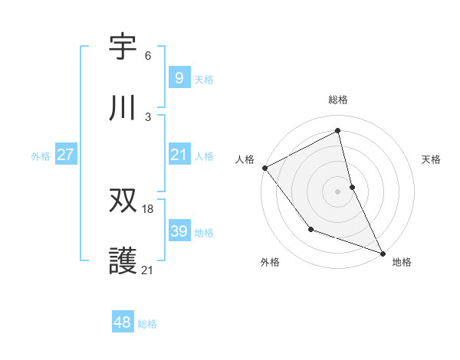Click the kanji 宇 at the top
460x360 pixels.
[x=123, y=47]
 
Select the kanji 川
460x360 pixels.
[x=123, y=109]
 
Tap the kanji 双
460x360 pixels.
[x=123, y=201]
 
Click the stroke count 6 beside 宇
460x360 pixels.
[x=148, y=56]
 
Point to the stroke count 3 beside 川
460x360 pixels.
[x=148, y=117]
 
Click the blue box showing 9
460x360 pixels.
[x=179, y=77]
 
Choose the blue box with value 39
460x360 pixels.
[x=179, y=231]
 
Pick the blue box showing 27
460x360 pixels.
[x=65, y=155]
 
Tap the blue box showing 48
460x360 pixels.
[x=122, y=322]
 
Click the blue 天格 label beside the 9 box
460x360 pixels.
[x=204, y=79]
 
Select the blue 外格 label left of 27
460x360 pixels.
[x=41, y=156]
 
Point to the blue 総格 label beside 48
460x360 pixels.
[x=147, y=324]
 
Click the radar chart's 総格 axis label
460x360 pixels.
[x=338, y=100]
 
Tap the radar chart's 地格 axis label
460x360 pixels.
[x=402, y=262]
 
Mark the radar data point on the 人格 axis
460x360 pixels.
[x=264, y=168]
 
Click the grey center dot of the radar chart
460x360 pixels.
[x=338, y=191]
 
